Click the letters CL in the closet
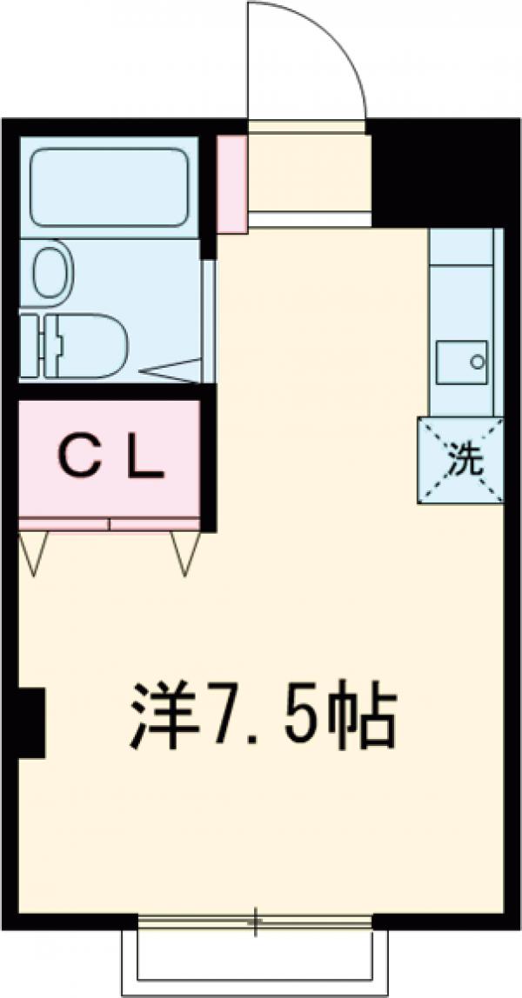(x=110, y=460)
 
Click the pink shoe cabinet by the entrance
(x=231, y=183)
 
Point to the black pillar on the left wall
(x=32, y=722)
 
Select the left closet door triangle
(x=33, y=551)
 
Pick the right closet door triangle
(x=185, y=551)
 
